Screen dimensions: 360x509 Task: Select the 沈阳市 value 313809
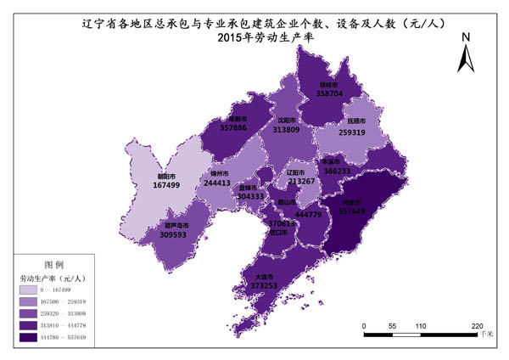point(286,130)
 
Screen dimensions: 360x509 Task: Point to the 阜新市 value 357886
point(233,128)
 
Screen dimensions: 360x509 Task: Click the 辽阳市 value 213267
point(301,181)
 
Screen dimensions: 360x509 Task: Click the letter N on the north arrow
point(466,38)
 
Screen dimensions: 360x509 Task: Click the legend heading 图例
point(53,265)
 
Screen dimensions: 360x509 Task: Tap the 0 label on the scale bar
point(363,325)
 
